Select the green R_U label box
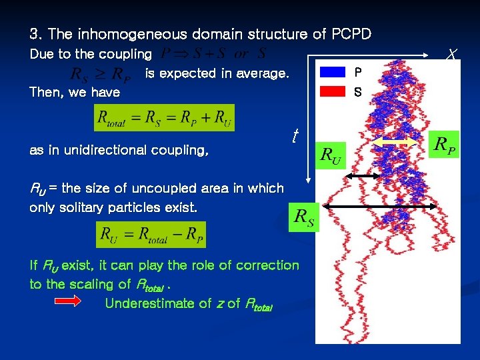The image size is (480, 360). (x=329, y=157)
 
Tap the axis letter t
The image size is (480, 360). (x=293, y=137)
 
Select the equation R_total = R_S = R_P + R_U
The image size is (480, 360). (x=164, y=118)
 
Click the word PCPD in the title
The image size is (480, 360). (x=349, y=34)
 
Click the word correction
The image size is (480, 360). (x=269, y=265)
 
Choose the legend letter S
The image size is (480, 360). (x=358, y=92)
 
